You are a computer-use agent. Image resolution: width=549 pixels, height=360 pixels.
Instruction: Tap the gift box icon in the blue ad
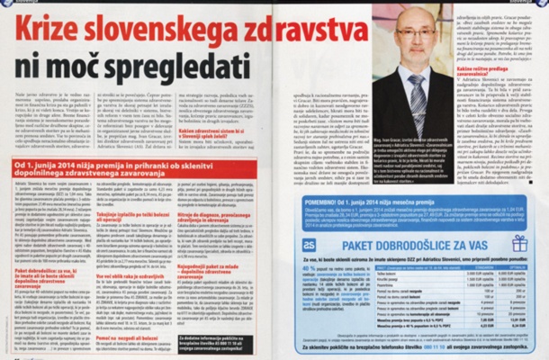(518, 244)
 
